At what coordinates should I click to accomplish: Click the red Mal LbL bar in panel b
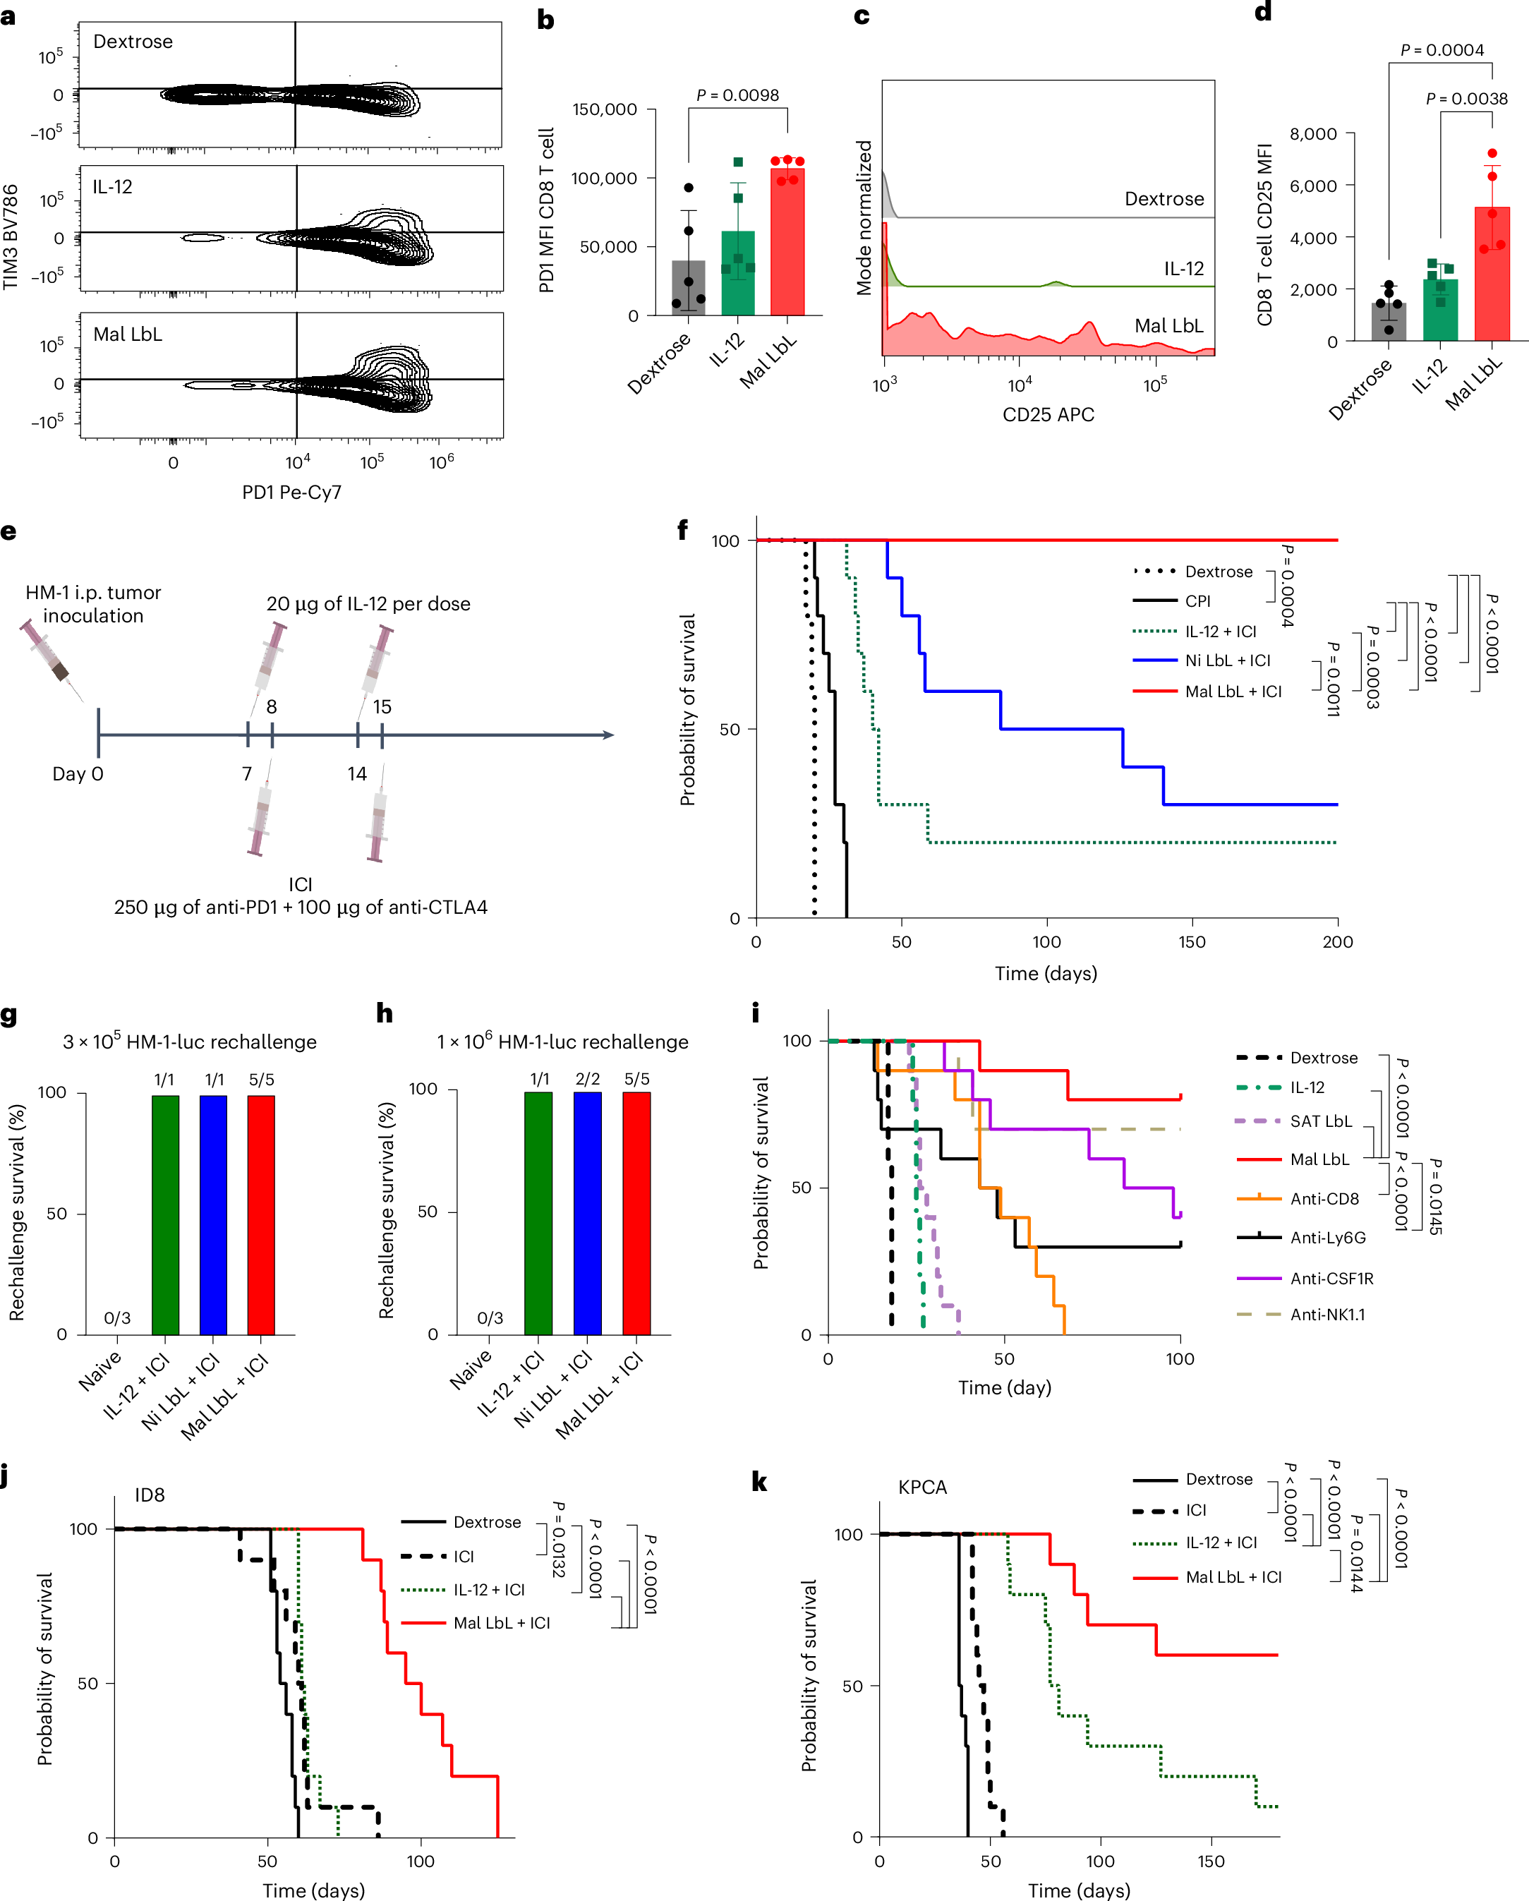pos(787,243)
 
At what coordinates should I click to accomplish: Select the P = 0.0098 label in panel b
pos(737,95)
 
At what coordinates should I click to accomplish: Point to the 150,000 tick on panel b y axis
pos(604,109)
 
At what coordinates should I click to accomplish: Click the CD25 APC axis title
pos(1048,414)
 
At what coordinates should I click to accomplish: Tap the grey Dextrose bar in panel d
pos(1388,322)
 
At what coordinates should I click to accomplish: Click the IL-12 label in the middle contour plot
pos(112,187)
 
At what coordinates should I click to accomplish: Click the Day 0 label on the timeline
pos(78,773)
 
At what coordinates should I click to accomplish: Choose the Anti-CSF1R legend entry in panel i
pos(1331,1279)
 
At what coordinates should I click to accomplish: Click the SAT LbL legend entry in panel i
pos(1320,1121)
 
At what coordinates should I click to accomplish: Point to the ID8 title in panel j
pos(149,1495)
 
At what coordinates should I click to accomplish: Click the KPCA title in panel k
pos(922,1487)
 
